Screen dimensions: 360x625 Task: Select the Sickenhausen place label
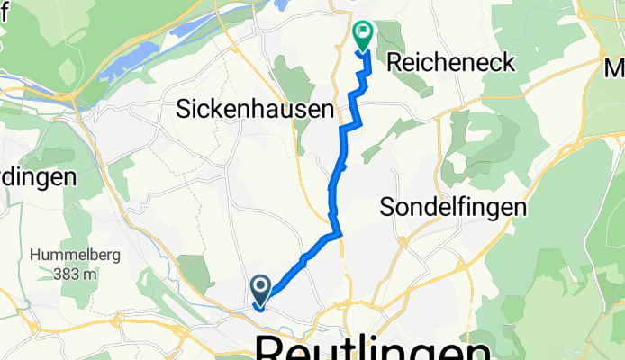pos(254,110)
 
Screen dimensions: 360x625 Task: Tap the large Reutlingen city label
pos(373,347)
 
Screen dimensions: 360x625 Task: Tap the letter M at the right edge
pos(615,68)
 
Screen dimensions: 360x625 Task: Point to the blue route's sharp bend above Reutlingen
pos(340,235)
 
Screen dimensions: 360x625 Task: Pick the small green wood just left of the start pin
pos(195,271)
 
